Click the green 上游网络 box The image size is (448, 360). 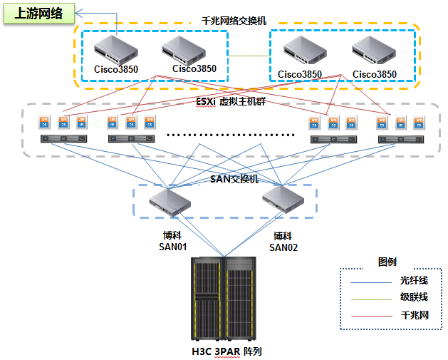pos(39,14)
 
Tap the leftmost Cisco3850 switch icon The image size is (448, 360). pos(116,49)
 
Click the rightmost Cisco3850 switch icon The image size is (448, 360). pos(374,51)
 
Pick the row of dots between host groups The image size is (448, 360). pos(231,134)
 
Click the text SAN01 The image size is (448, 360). pos(172,247)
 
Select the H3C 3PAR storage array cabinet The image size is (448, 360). pos(223,299)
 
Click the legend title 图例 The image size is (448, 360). pos(387,262)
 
